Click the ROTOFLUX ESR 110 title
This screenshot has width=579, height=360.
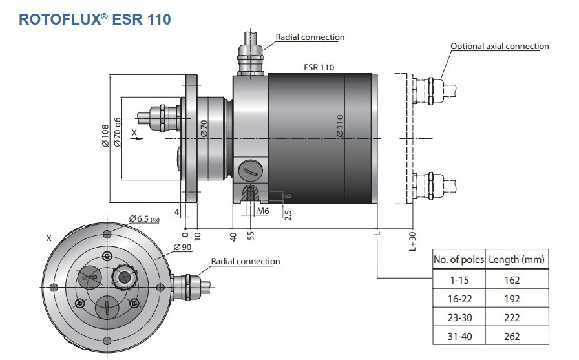coord(95,19)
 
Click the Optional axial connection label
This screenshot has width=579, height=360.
coord(500,46)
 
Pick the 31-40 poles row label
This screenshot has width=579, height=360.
coord(459,336)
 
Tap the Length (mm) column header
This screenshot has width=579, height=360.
coord(516,259)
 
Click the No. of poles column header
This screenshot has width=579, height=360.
coord(459,259)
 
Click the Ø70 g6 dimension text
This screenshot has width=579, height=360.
coord(118,133)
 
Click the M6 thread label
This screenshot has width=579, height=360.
coord(263,211)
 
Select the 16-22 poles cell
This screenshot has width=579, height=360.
coord(459,299)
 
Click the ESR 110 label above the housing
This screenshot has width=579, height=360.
coord(319,67)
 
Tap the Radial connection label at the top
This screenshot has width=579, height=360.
coord(310,37)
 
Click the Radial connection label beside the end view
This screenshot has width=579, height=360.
coord(246,262)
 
